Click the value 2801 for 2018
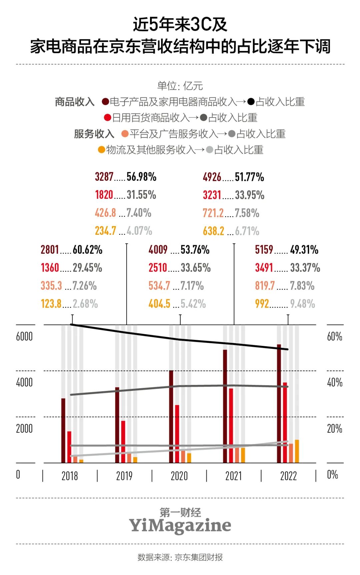50,249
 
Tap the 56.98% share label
141,177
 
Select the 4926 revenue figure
212,177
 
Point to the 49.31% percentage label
304,249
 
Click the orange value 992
262,304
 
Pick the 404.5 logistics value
159,304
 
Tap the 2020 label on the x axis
179,476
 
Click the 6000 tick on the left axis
24,337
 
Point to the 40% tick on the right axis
335,383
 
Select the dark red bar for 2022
279,404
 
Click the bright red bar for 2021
231,426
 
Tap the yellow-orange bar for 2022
297,451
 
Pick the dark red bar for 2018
63,430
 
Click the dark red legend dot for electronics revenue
105,102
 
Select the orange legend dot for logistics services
101,150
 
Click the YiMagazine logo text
180,525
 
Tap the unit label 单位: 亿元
180,86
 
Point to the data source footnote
180,557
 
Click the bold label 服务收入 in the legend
94,134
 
